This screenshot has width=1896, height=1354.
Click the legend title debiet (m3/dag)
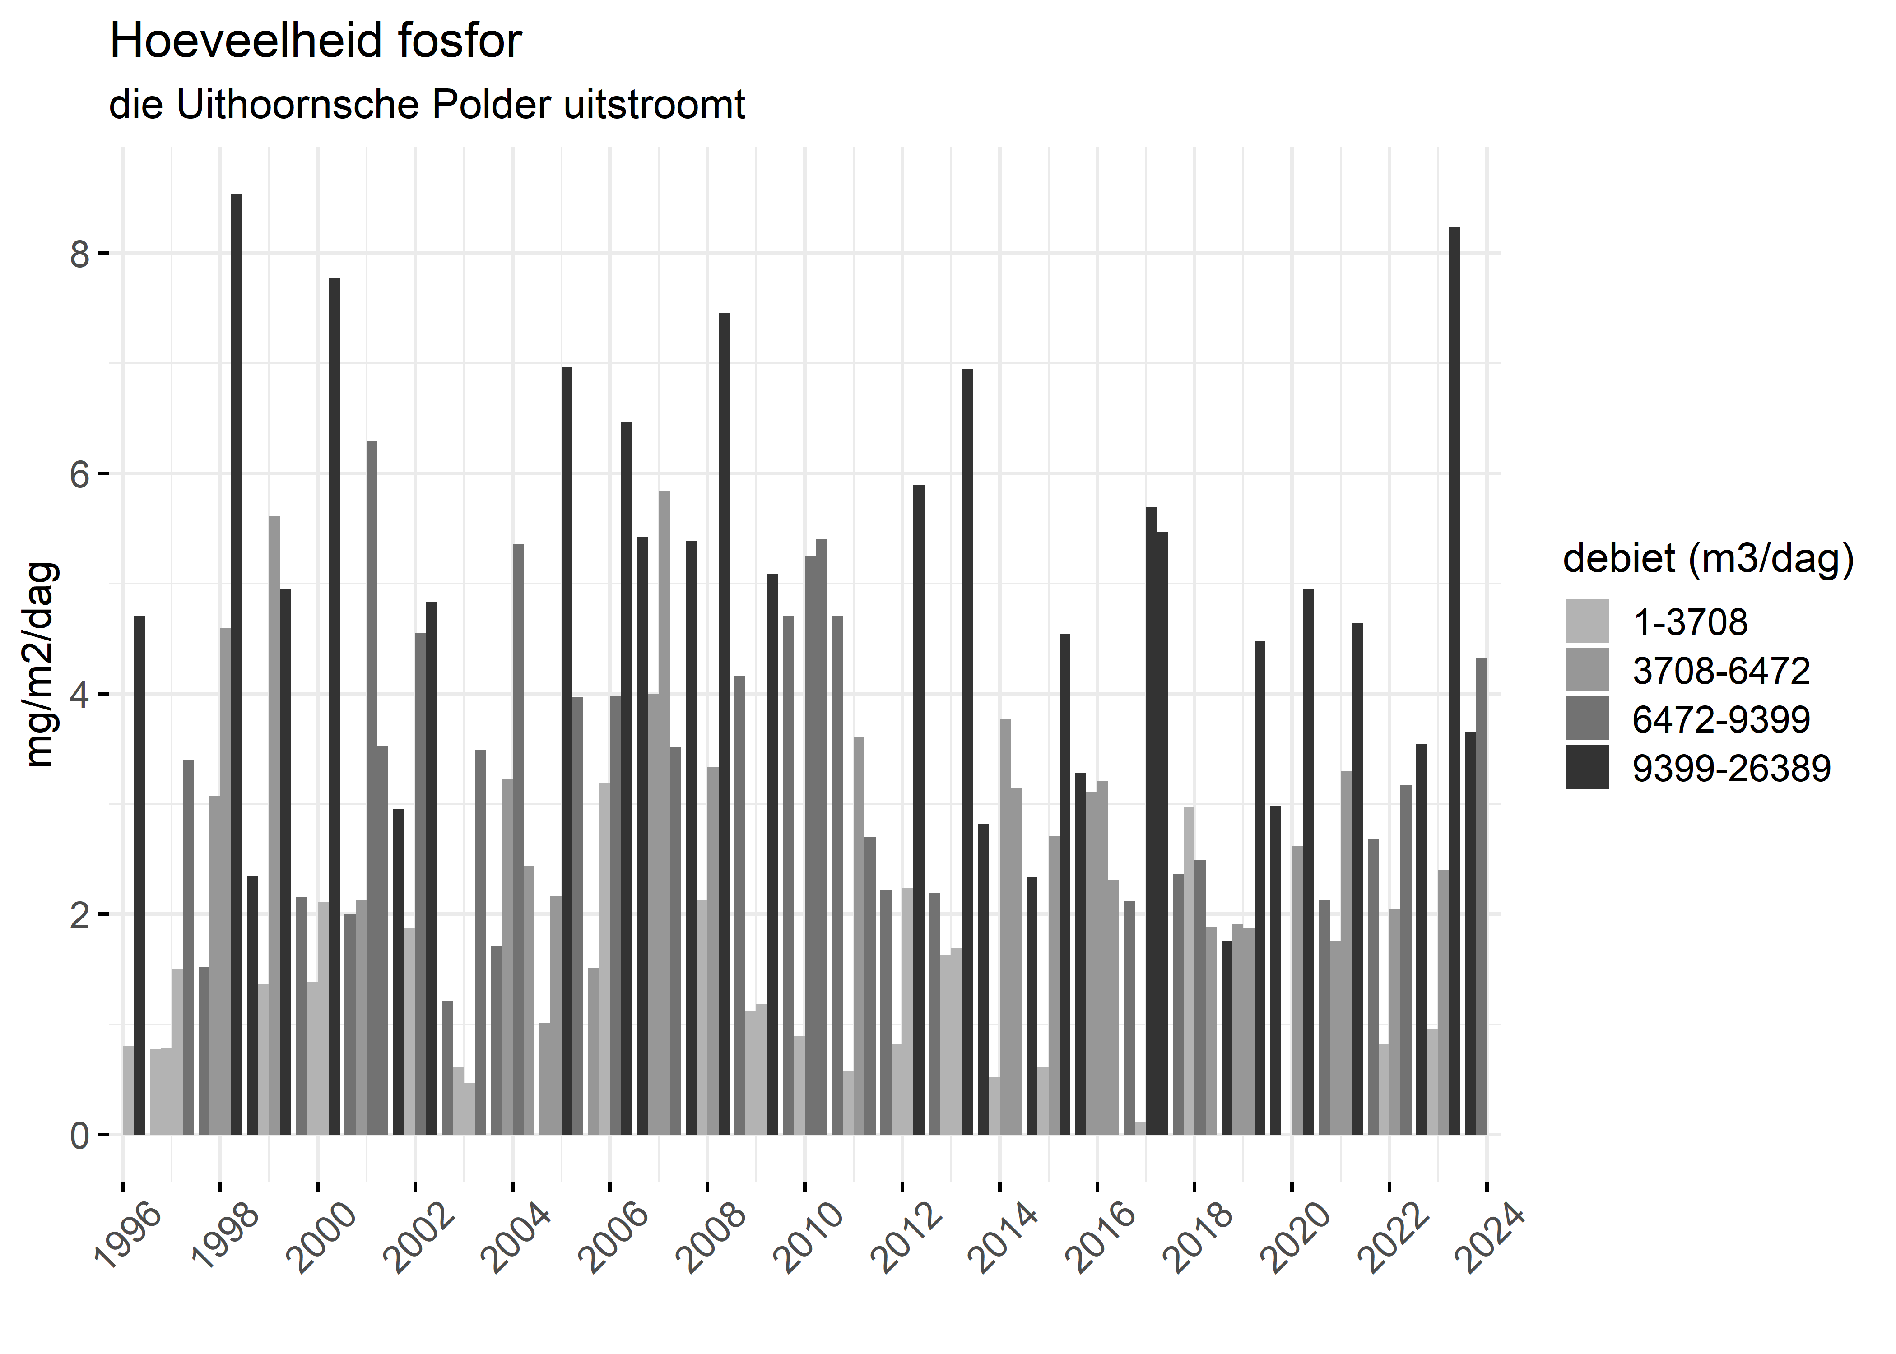coord(1708,559)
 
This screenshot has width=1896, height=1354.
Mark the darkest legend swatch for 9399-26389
coord(1587,767)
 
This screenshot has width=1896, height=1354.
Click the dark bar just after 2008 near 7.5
coord(724,723)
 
